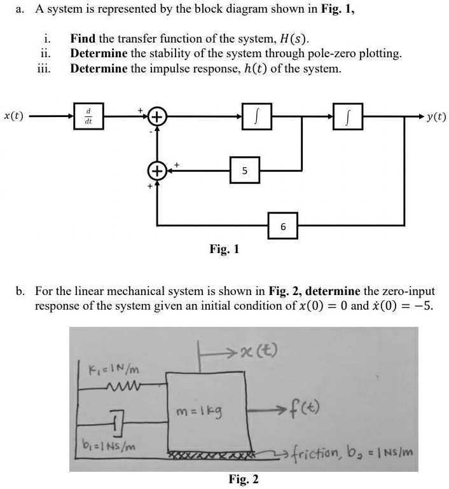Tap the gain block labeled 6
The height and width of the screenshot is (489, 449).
coord(283,226)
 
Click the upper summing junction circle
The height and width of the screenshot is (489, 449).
coord(157,116)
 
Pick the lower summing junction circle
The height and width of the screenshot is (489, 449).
coord(157,171)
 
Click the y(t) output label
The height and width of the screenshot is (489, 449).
coord(436,116)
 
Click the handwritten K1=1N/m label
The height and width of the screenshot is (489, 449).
coord(111,368)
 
